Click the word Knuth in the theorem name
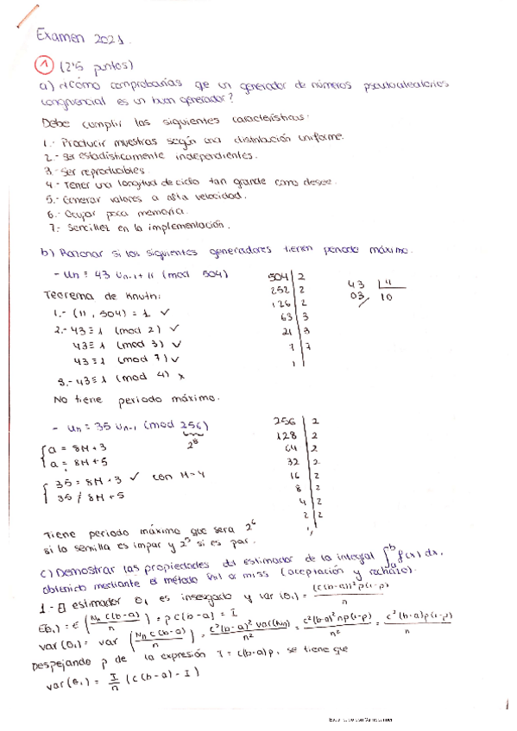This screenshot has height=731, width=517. click(132, 296)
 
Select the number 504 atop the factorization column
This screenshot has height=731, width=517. click(279, 277)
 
